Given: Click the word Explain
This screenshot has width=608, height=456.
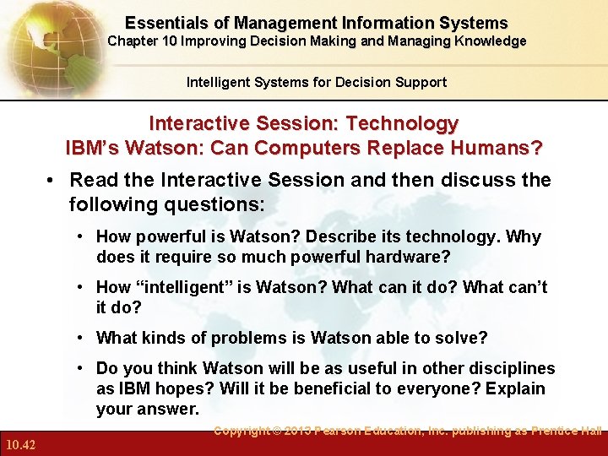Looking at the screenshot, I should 515,389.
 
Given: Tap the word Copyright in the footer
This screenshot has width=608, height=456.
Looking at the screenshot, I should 245,431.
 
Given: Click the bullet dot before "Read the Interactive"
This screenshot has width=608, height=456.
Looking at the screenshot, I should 52,181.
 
